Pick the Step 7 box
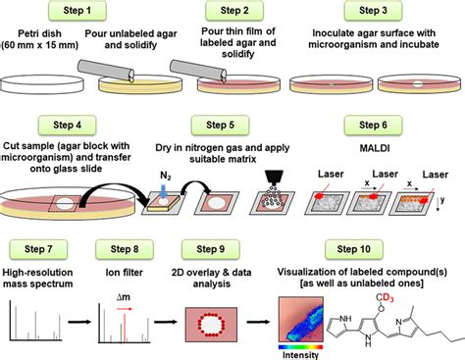click(39, 242)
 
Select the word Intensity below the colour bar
click(300, 352)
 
